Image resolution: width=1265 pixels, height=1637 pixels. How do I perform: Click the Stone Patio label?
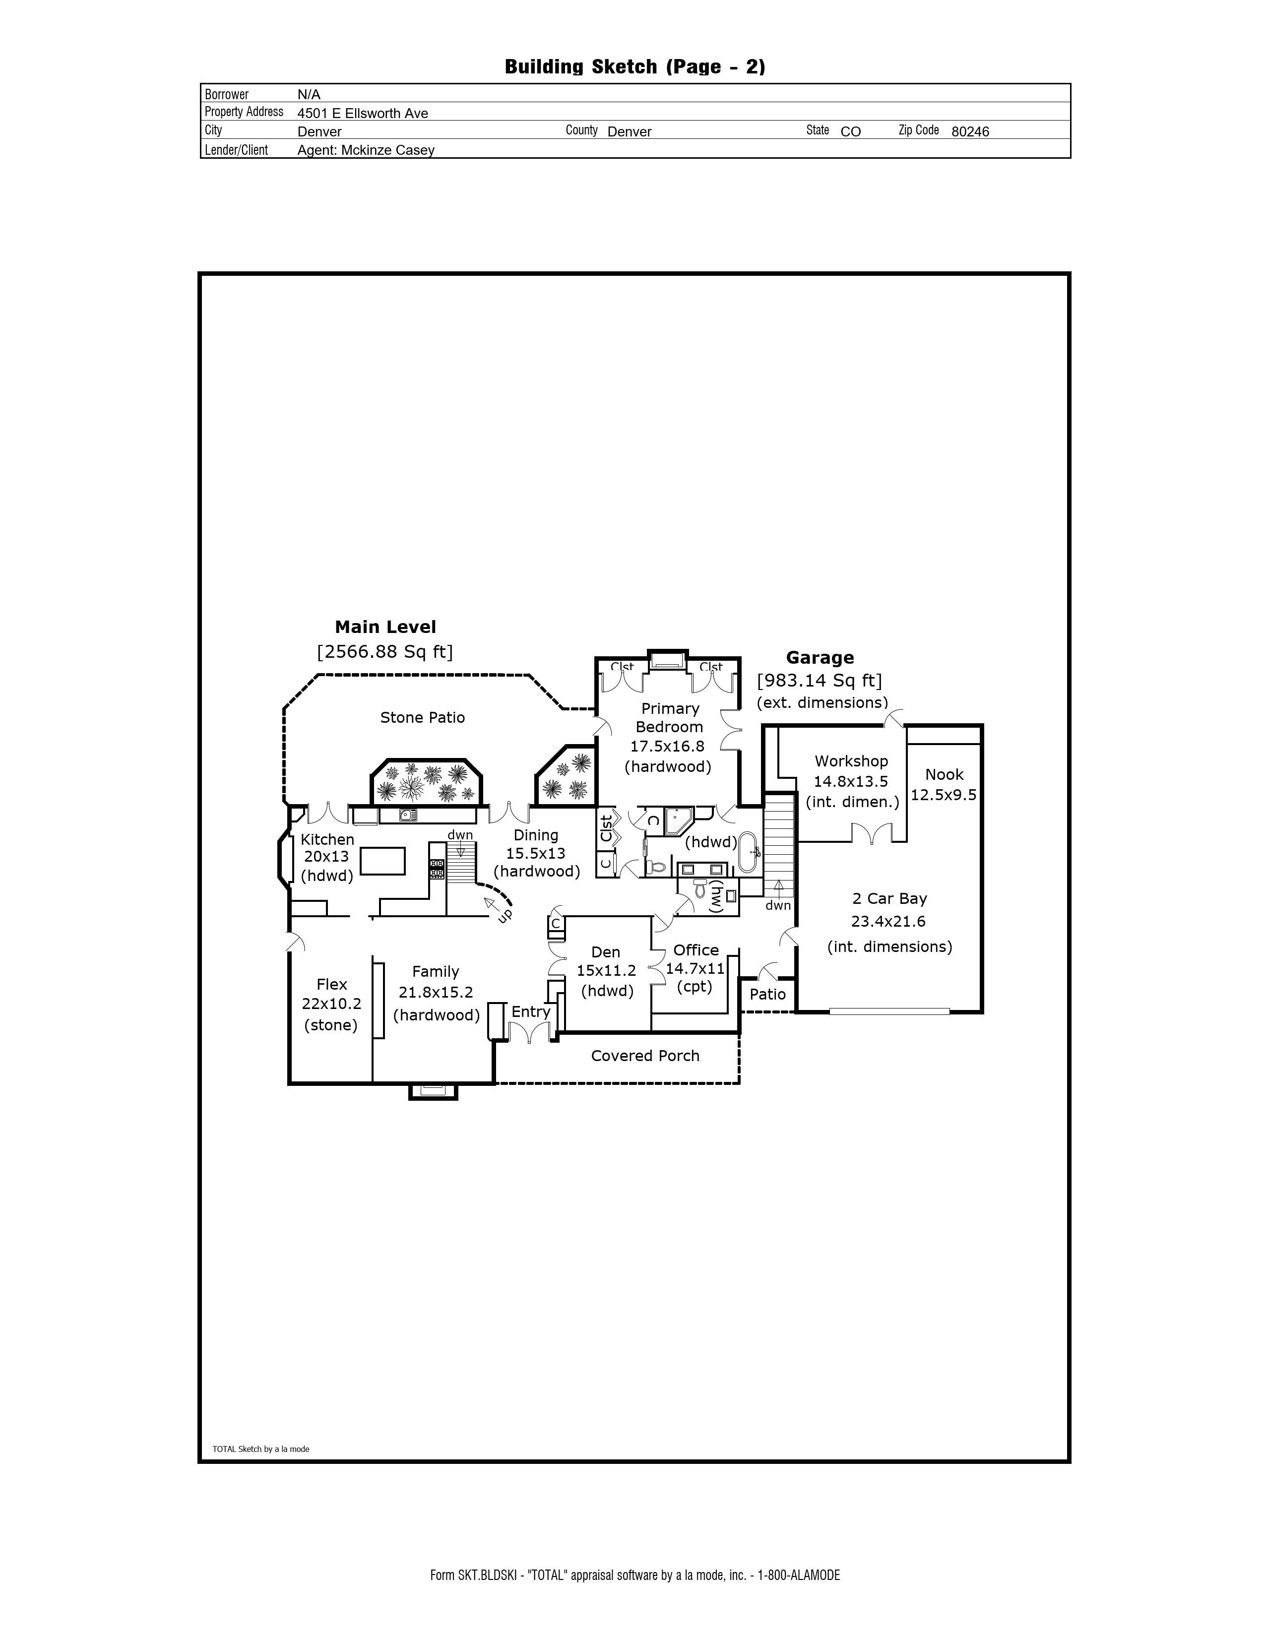point(422,717)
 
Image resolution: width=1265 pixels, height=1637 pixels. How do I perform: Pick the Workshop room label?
point(851,761)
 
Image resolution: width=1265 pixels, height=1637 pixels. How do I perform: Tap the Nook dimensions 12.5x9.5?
point(944,795)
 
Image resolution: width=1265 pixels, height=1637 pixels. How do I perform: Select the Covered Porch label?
point(645,1055)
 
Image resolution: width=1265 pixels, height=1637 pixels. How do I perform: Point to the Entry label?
point(531,1012)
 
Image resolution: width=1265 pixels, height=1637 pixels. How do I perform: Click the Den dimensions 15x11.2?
point(606,970)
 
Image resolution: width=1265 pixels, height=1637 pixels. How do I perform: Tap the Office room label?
point(696,949)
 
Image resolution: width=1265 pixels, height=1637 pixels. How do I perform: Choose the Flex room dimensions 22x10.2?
point(331,1004)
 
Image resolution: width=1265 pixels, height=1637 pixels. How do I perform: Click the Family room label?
point(436,971)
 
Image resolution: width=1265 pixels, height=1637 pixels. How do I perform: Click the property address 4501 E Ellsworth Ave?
point(363,113)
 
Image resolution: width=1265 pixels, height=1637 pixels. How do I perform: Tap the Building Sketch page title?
point(635,66)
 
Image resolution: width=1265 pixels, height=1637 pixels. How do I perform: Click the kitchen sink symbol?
point(408,815)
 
